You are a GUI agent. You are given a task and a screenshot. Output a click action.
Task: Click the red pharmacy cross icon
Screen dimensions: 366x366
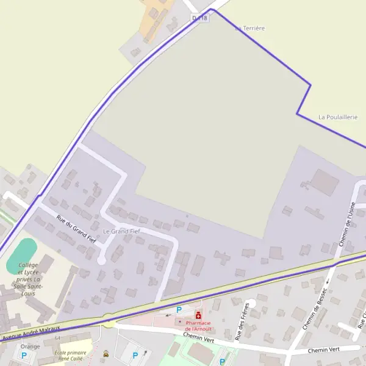tap(198, 315)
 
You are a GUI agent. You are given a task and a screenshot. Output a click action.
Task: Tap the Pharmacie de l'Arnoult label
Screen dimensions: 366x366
tap(199, 326)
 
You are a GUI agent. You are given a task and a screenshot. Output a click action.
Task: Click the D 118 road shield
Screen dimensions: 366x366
tap(200, 18)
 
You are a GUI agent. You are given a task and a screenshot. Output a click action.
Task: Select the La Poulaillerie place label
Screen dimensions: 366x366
tap(338, 117)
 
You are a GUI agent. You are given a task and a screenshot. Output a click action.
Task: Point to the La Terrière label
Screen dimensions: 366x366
tap(250, 28)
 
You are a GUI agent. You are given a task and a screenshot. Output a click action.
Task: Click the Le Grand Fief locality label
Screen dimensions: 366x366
tap(121, 232)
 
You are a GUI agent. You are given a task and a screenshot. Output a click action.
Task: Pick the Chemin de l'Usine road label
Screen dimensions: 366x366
tap(346, 225)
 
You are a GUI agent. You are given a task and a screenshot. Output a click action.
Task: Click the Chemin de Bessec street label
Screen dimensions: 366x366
tap(315, 309)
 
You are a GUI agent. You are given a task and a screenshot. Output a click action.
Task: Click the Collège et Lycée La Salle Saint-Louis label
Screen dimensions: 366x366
tap(29, 279)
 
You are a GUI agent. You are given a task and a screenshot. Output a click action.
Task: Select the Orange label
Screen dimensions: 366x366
tap(30, 346)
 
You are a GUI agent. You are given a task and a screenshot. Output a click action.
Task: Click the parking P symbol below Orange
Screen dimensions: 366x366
tap(24, 356)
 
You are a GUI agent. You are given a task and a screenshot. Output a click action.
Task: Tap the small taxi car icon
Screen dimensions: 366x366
tap(106, 353)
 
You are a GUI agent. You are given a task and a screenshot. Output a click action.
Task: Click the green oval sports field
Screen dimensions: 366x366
tap(22, 256)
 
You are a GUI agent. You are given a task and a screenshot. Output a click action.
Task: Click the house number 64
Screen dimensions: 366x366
tap(57, 337)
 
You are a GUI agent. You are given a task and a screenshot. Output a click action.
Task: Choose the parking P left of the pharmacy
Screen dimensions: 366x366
tap(179, 310)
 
